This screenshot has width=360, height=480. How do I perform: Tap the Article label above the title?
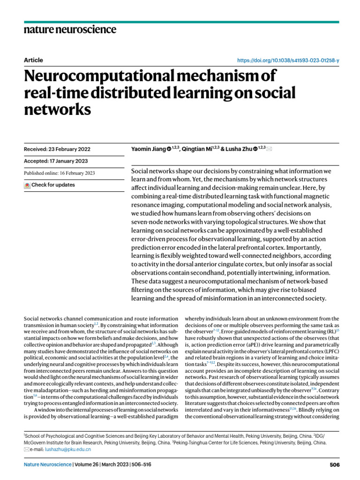33,60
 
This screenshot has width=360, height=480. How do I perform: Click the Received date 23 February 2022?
57,150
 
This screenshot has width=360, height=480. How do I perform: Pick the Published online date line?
60,173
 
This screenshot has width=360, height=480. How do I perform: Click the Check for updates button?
50,185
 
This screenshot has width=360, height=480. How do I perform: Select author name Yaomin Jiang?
148,149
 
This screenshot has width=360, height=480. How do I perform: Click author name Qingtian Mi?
195,149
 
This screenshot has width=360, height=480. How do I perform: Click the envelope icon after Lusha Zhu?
269,149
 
